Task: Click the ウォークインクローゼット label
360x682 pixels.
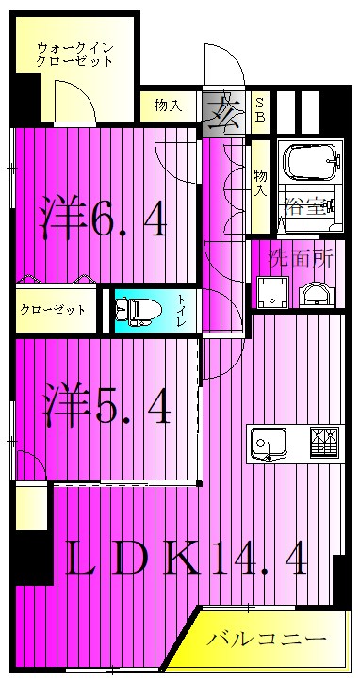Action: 74,54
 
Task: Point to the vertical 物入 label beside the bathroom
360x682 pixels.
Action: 260,180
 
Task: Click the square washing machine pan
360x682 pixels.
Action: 273,292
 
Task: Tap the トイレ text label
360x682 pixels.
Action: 181,310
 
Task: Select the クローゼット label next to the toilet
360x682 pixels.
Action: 54,310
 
